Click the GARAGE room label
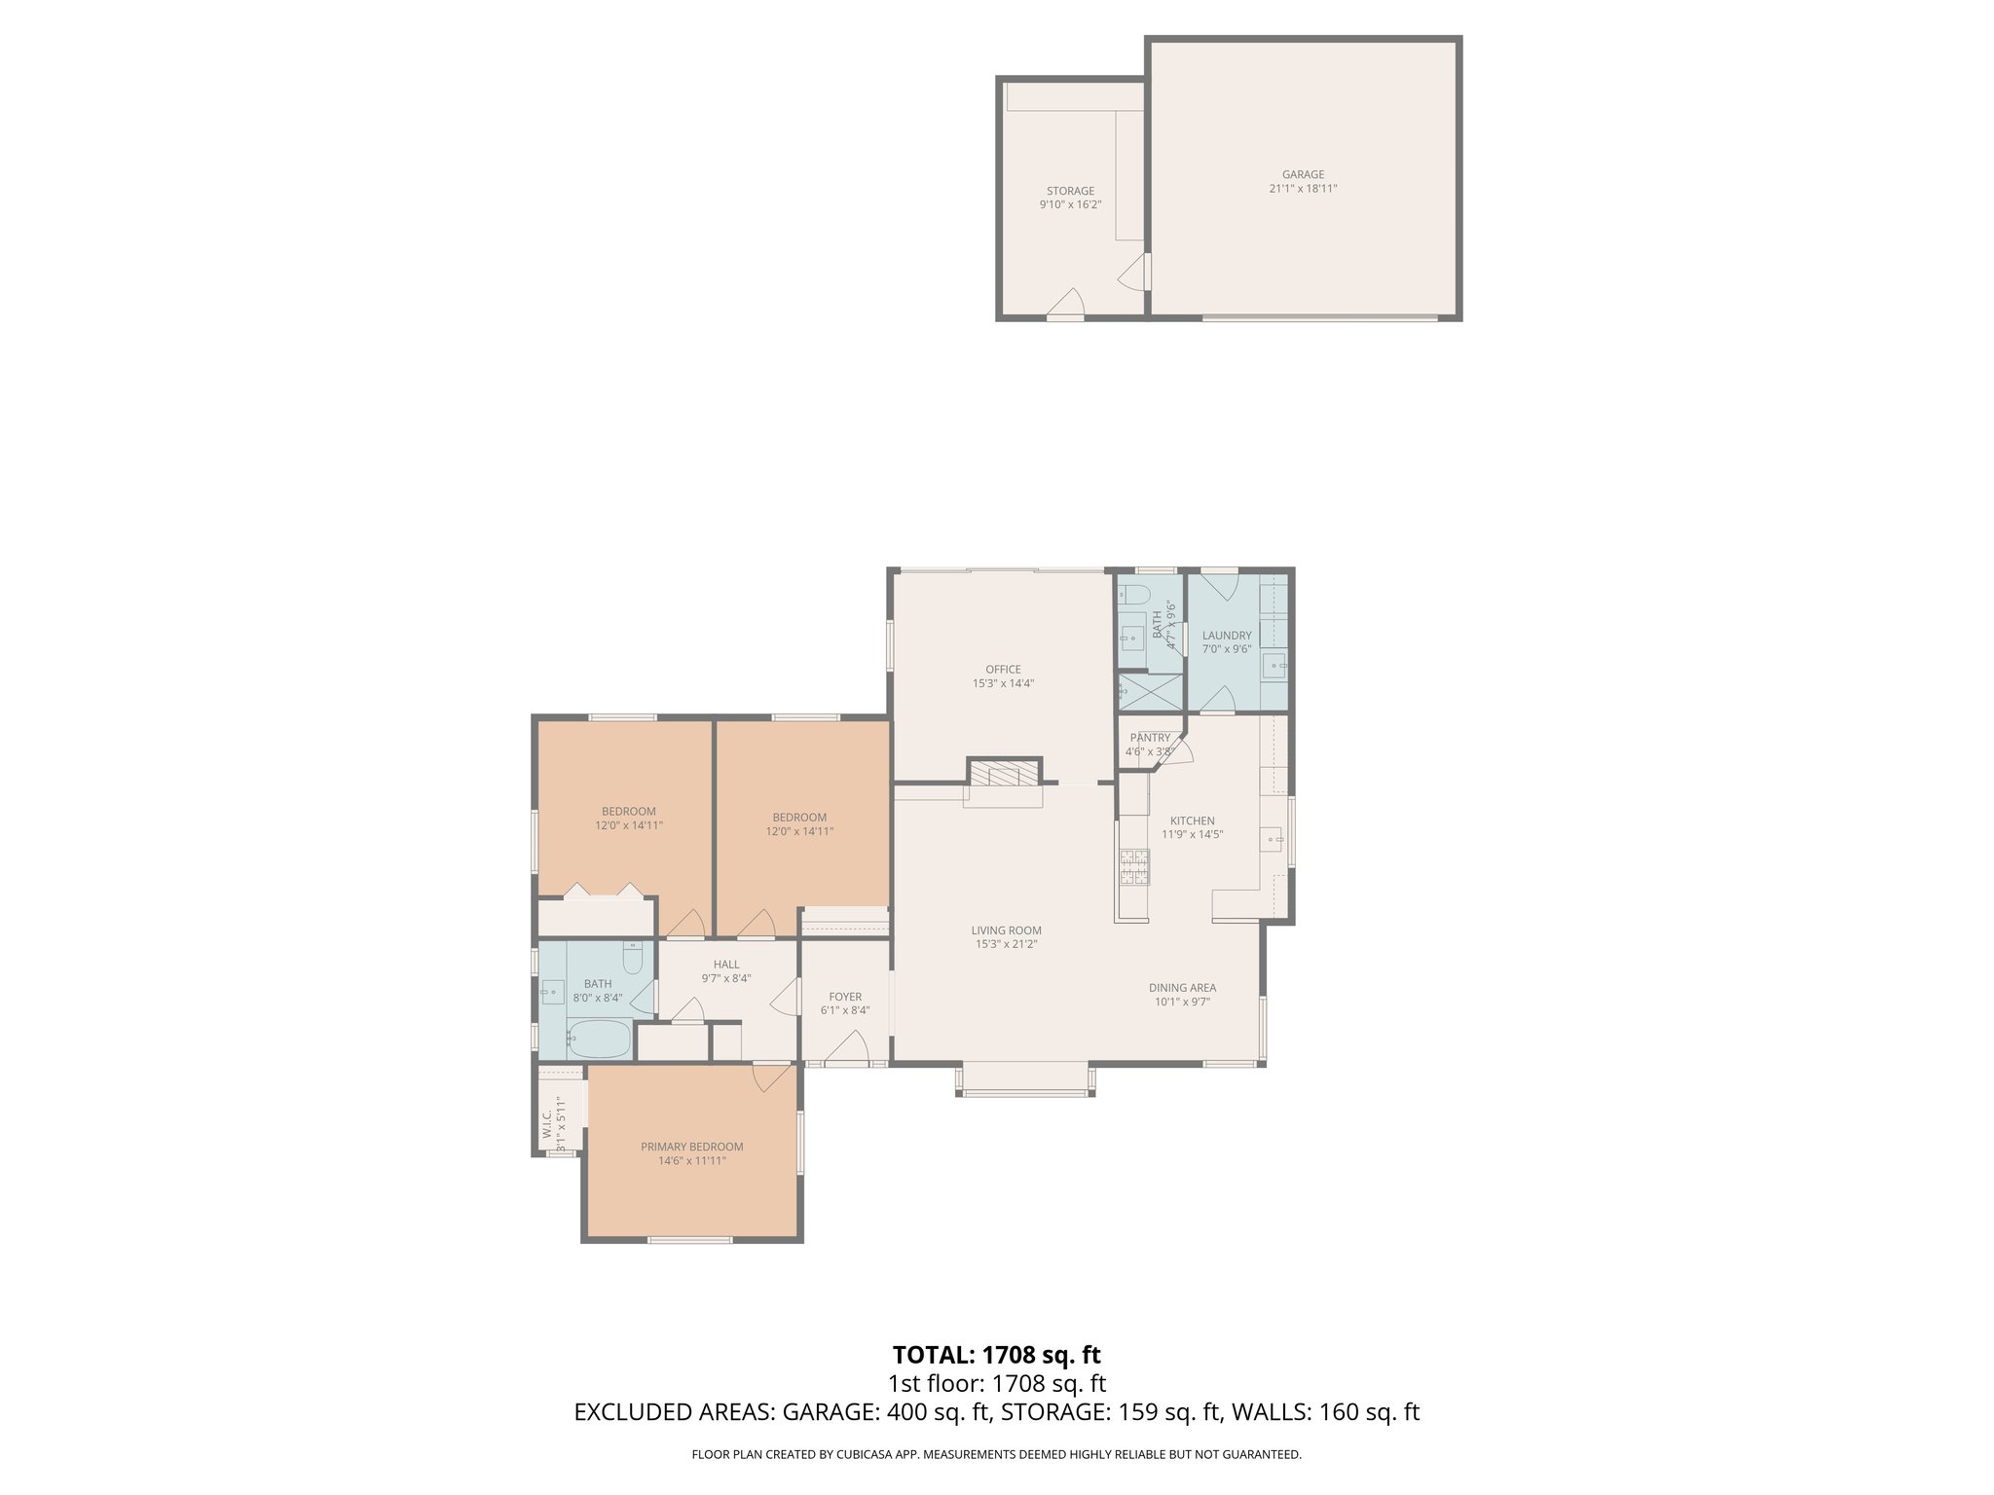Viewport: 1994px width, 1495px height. tap(1303, 175)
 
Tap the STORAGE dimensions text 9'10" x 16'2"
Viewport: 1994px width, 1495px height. tap(1070, 205)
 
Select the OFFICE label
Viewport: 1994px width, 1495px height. tap(1003, 670)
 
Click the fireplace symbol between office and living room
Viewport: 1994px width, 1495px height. tap(1004, 775)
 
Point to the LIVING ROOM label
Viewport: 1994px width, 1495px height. tap(1006, 930)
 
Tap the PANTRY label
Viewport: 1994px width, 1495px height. tap(1150, 738)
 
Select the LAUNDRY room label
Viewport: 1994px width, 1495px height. tap(1226, 636)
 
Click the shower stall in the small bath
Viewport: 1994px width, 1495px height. tap(1150, 691)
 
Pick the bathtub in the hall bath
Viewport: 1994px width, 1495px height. tap(599, 1039)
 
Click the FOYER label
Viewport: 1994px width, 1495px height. tap(845, 997)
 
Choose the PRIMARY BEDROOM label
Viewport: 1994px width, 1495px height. tap(691, 1147)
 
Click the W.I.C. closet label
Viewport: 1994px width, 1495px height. tap(547, 1119)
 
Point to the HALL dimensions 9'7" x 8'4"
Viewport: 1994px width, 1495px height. tap(725, 979)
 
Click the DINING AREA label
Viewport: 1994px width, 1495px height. tap(1182, 988)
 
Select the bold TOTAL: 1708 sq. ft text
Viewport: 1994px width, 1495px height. tap(996, 1355)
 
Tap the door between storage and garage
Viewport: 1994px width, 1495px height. tap(1136, 273)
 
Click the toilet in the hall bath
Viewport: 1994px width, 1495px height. tap(633, 959)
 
